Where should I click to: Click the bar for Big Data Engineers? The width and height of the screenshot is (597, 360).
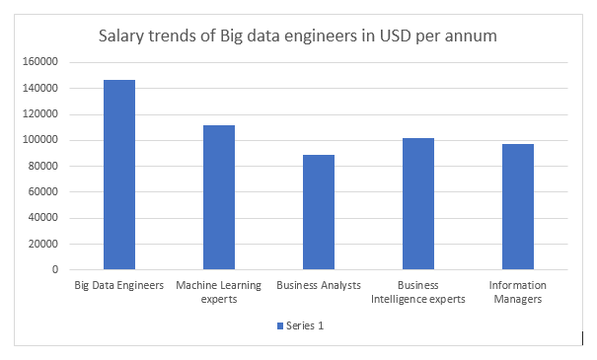click(119, 175)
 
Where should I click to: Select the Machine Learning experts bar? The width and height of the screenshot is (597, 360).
click(219, 197)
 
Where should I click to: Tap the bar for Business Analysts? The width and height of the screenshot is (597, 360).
click(319, 212)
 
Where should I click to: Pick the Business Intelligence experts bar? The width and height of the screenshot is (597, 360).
click(418, 203)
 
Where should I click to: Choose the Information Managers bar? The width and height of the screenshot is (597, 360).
click(518, 206)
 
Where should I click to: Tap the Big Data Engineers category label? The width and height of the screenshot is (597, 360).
click(119, 286)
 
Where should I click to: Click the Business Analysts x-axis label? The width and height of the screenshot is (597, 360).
click(319, 286)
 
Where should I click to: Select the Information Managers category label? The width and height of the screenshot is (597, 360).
click(518, 292)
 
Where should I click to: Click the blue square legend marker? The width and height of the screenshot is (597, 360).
click(278, 325)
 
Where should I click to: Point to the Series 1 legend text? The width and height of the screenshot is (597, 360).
click(304, 325)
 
